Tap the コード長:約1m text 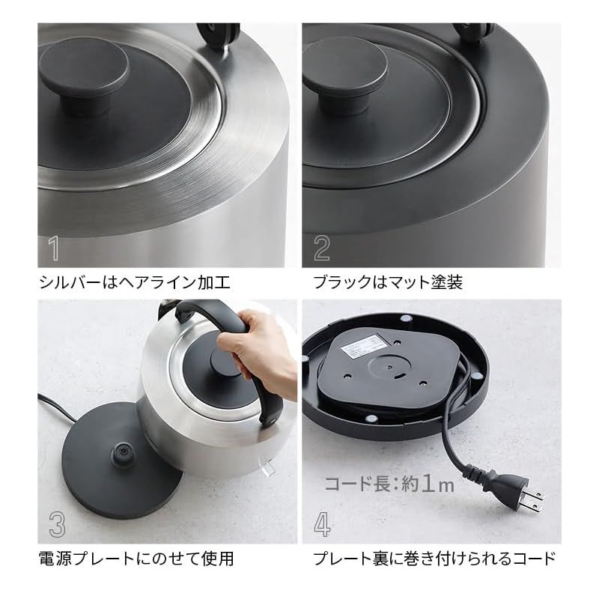(x=389, y=485)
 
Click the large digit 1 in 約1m (x=427, y=484)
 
